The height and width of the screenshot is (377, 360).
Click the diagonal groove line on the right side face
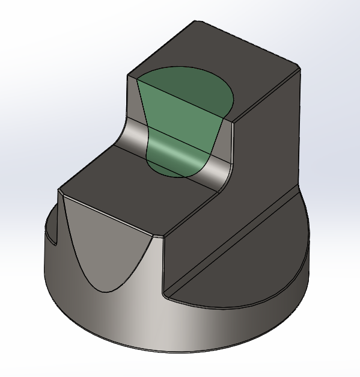coord(234,241)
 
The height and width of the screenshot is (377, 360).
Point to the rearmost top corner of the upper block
coord(195,22)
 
